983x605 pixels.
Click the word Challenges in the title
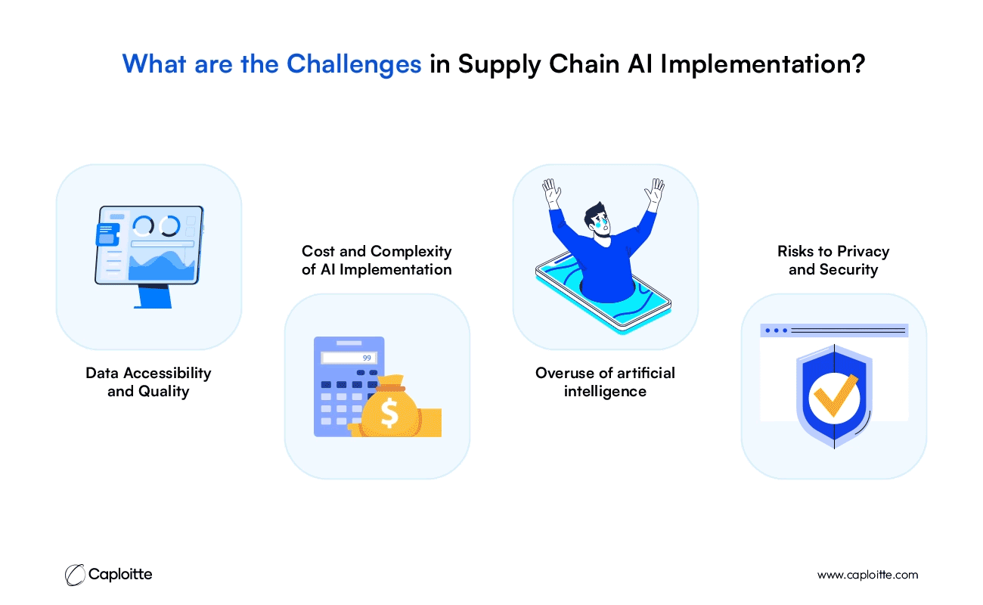(x=354, y=64)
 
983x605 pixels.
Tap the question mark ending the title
(x=857, y=64)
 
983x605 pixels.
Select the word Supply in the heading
(x=499, y=65)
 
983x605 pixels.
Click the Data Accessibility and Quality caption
(x=148, y=382)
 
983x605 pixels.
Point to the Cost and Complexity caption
(x=377, y=260)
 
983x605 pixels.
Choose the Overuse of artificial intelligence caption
(x=605, y=382)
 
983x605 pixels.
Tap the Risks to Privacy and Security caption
(x=833, y=260)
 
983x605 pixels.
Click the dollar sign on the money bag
(x=389, y=412)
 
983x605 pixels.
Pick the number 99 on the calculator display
(x=367, y=358)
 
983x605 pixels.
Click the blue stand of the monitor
(x=153, y=296)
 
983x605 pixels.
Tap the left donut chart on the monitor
(x=143, y=225)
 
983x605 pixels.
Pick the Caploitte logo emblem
(x=75, y=575)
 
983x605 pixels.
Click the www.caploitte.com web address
(x=867, y=575)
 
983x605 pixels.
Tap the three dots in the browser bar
(x=776, y=330)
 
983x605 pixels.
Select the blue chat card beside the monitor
(x=107, y=234)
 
